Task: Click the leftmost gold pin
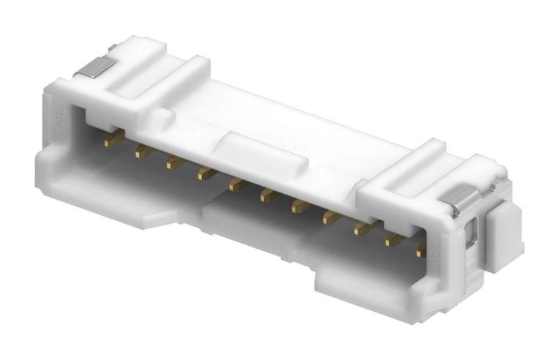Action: coord(112,138)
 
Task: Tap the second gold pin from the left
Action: coord(143,151)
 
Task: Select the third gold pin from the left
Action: coord(175,162)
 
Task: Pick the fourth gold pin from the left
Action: coord(206,173)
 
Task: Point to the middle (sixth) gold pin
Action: coord(269,195)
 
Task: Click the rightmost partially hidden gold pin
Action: coord(421,250)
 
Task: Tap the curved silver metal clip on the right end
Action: coord(463,198)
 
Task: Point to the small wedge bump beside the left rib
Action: coord(158,118)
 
